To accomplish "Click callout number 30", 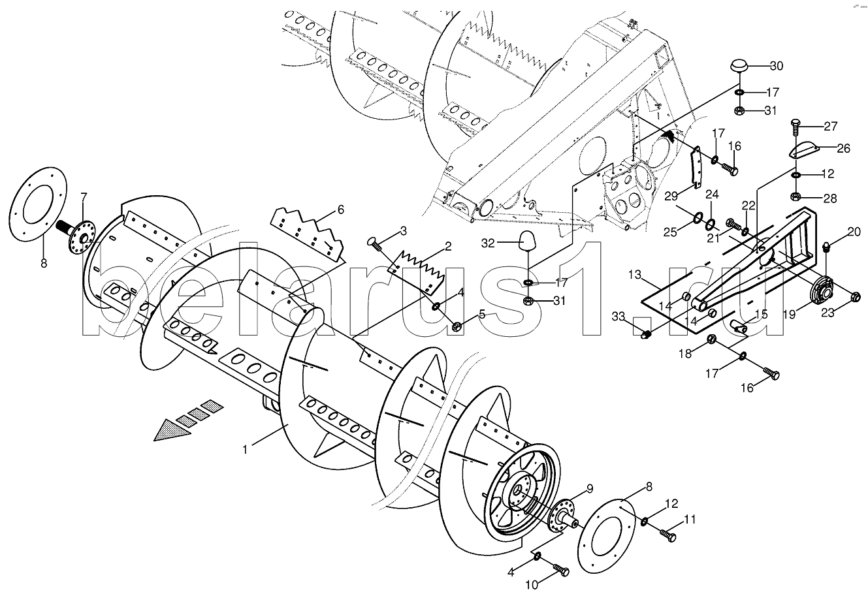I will point(775,66).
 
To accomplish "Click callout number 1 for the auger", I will point(245,449).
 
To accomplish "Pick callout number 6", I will point(340,210).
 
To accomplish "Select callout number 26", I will point(843,148).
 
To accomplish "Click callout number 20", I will point(854,232).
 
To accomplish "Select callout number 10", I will point(531,585).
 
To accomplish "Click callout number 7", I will point(83,196).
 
